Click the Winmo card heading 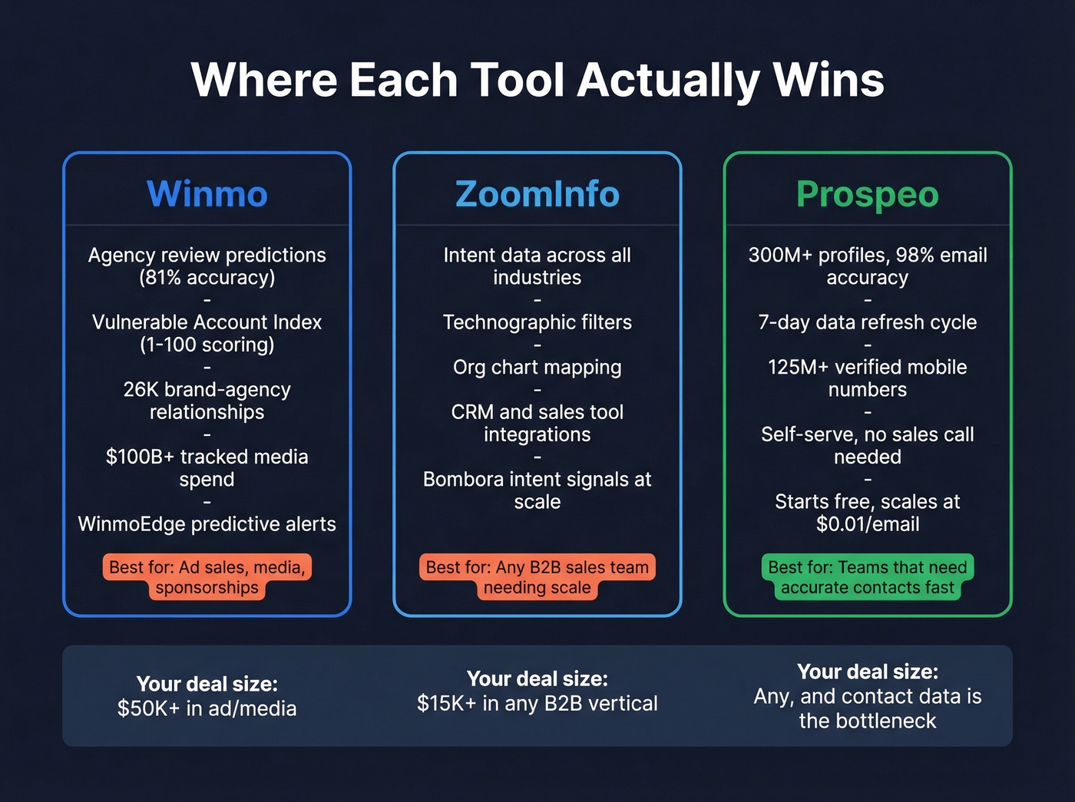[x=207, y=193]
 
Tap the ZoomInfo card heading [x=537, y=193]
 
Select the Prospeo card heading [x=867, y=193]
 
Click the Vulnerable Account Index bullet [x=207, y=322]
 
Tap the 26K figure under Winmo [x=141, y=390]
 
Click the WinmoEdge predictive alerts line [x=207, y=524]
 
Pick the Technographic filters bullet [x=537, y=322]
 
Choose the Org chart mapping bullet [x=537, y=368]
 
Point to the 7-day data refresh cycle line [x=867, y=322]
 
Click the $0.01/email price [x=867, y=524]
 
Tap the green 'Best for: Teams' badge [x=867, y=577]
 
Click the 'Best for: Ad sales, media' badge [x=207, y=577]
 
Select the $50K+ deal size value [x=149, y=708]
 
